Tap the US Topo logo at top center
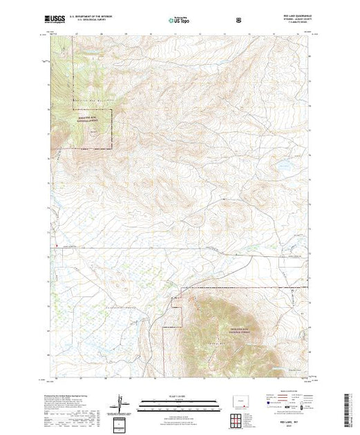point(179,21)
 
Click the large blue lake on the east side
point(283,166)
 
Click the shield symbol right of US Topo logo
point(238,21)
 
